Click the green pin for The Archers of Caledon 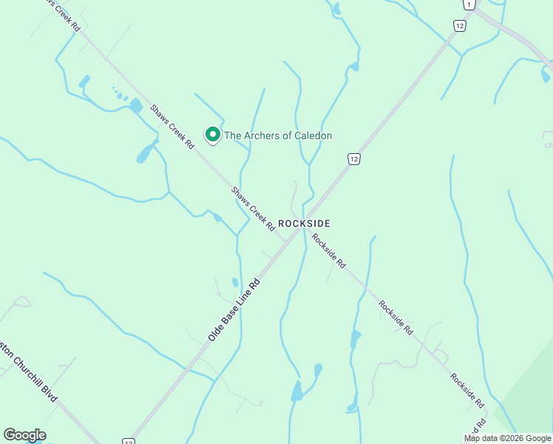(x=213, y=135)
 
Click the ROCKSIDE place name (x=304, y=223)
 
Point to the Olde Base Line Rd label (x=235, y=309)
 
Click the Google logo (x=24, y=435)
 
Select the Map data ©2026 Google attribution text (x=507, y=438)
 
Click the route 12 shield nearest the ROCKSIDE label (x=354, y=159)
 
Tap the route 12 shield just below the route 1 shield (x=460, y=26)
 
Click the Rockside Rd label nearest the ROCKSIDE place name (x=329, y=251)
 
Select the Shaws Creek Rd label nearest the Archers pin (x=172, y=127)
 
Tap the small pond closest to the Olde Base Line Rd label (x=235, y=282)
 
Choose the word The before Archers (x=232, y=135)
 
